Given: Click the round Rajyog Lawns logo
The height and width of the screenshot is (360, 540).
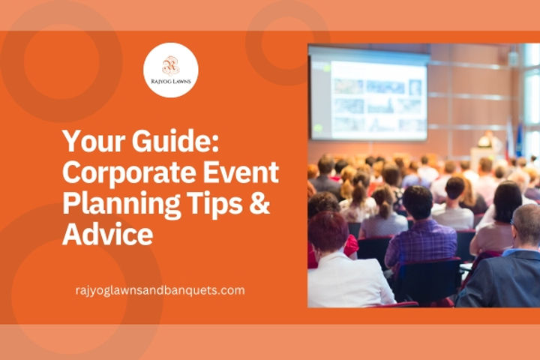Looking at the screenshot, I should [x=171, y=70].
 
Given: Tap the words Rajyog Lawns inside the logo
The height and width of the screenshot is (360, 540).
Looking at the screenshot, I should [x=171, y=83].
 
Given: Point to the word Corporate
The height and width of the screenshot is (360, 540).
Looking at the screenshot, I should [x=121, y=173].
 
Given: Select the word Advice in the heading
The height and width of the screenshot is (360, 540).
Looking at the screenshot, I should [x=107, y=235].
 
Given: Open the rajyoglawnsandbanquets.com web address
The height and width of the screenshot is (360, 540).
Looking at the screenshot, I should [x=160, y=290].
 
